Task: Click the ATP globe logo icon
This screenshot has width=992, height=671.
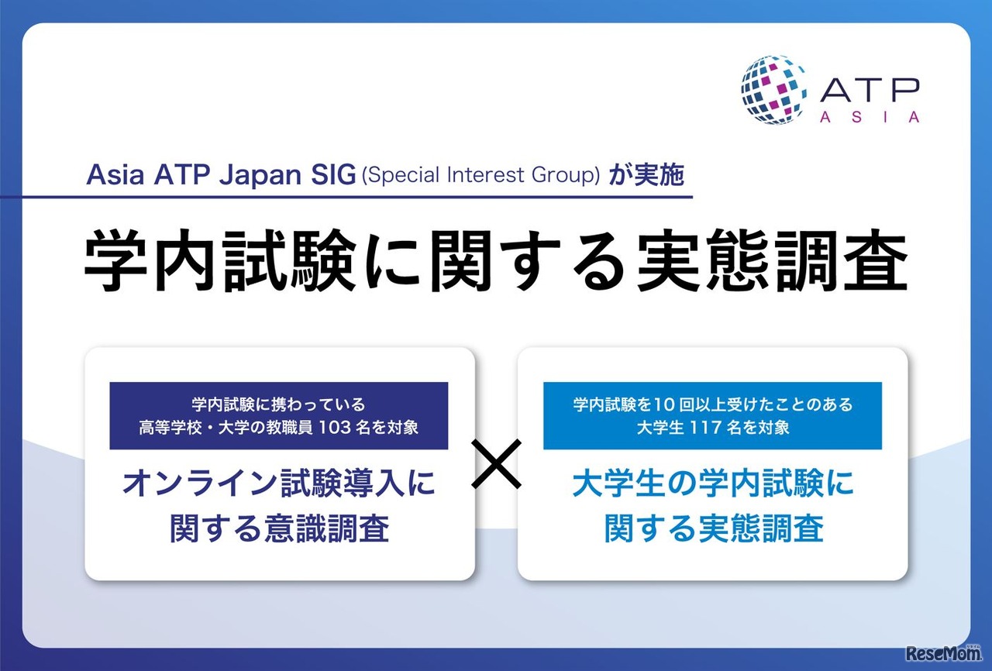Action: point(773,91)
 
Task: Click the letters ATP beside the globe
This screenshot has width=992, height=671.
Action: point(870,89)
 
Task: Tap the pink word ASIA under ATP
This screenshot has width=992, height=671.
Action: point(870,117)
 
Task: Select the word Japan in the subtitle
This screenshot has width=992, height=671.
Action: point(260,176)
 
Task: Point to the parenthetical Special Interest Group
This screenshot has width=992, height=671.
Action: point(481,175)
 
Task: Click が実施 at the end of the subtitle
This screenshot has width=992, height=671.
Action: point(646,174)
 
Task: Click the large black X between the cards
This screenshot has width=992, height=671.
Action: point(496,464)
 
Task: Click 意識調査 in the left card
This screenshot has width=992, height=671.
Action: point(327,528)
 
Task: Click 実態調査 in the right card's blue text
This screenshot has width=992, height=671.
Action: point(761,528)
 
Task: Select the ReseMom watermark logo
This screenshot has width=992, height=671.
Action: point(943,654)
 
